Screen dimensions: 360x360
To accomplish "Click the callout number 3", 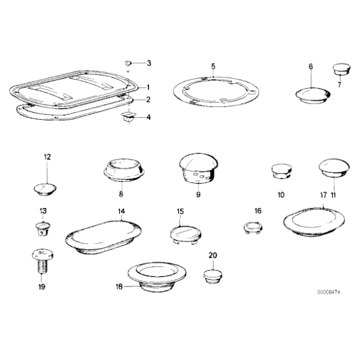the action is [x=149, y=63].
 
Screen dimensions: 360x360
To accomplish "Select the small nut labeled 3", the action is [x=128, y=63].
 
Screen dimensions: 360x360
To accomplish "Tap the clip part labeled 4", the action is [x=128, y=117].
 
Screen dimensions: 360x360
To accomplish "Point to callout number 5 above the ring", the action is [x=214, y=66].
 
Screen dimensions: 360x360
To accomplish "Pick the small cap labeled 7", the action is [x=342, y=70].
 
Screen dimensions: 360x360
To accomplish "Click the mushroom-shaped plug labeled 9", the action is [x=199, y=168].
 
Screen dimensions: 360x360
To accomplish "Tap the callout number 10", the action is [x=281, y=195].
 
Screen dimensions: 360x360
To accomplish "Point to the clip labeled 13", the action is [x=43, y=229].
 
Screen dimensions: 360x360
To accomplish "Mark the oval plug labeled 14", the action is [x=103, y=238].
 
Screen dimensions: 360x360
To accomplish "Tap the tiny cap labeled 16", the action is [x=253, y=228].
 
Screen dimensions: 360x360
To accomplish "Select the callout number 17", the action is [x=323, y=196].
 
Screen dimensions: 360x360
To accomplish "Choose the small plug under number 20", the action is [x=213, y=277].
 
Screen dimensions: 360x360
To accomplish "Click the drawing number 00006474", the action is [x=329, y=292].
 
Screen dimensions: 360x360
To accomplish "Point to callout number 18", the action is [x=119, y=287].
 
